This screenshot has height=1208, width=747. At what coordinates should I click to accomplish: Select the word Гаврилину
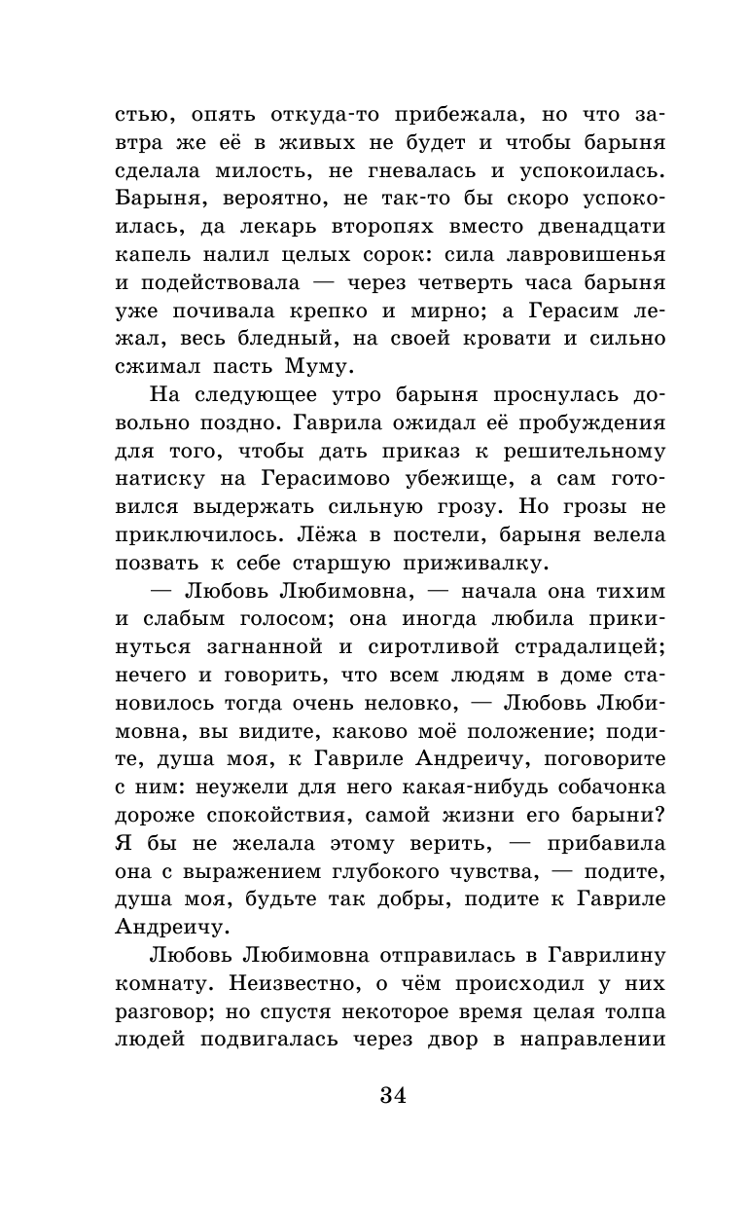pyautogui.click(x=594, y=955)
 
